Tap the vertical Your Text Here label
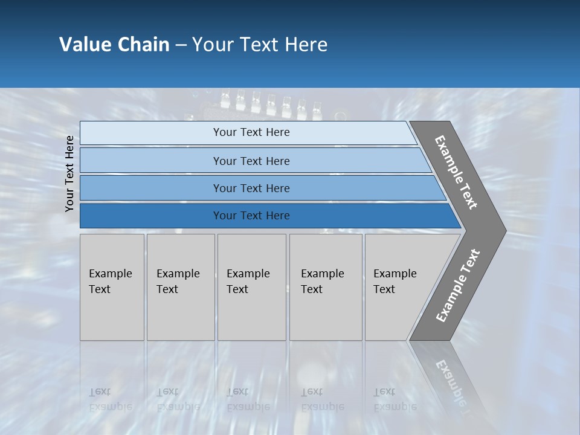pyautogui.click(x=69, y=174)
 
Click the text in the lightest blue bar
pyautogui.click(x=251, y=132)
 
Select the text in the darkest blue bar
pyautogui.click(x=251, y=216)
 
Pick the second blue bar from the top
pyautogui.click(x=251, y=161)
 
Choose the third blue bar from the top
pyautogui.click(x=251, y=188)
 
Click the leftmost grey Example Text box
pyautogui.click(x=112, y=287)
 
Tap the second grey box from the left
pyautogui.click(x=180, y=287)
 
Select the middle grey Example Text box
pyautogui.click(x=251, y=287)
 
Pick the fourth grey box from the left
pyautogui.click(x=325, y=287)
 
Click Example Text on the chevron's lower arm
pyautogui.click(x=458, y=285)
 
